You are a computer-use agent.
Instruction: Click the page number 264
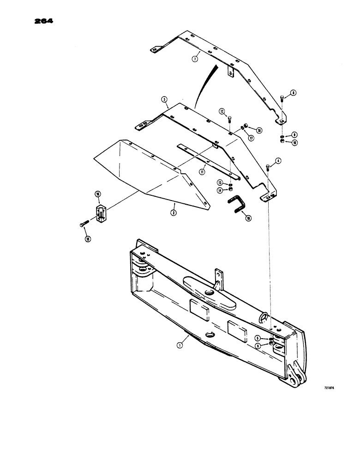[x=42, y=21]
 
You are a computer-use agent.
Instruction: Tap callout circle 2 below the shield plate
[x=173, y=213]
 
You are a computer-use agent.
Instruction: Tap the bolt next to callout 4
[x=269, y=168]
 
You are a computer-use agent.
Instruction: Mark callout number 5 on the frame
[x=258, y=338]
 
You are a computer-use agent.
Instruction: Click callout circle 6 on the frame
[x=258, y=345]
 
